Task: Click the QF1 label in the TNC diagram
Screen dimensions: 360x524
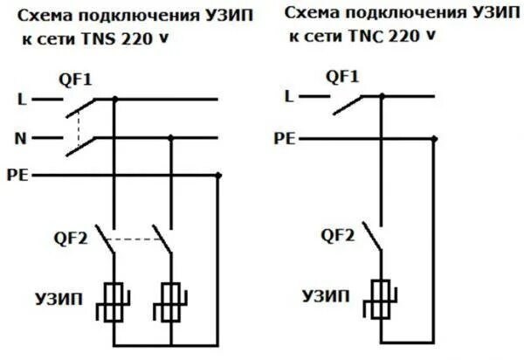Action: coord(341,77)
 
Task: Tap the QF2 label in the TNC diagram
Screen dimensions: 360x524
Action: coord(337,233)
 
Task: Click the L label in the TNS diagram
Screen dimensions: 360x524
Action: coord(22,100)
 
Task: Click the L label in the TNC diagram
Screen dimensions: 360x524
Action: coord(289,97)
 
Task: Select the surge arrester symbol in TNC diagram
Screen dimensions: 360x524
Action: coord(379,301)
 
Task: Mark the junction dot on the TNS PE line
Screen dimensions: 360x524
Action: coord(218,176)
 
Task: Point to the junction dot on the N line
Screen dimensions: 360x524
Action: coord(170,137)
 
